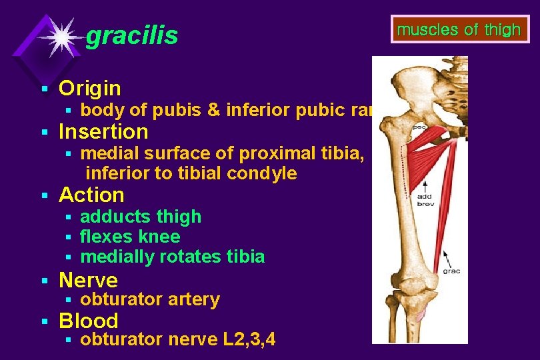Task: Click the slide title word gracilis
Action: tap(132, 36)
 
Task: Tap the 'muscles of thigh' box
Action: tap(459, 30)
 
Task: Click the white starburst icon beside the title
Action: tap(61, 37)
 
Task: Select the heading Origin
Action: tap(90, 88)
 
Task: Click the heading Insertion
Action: tap(103, 131)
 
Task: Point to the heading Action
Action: tap(91, 195)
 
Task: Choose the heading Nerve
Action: tap(88, 280)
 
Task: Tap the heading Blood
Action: tap(89, 321)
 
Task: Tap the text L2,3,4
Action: tap(251, 339)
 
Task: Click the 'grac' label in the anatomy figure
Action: tap(451, 271)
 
